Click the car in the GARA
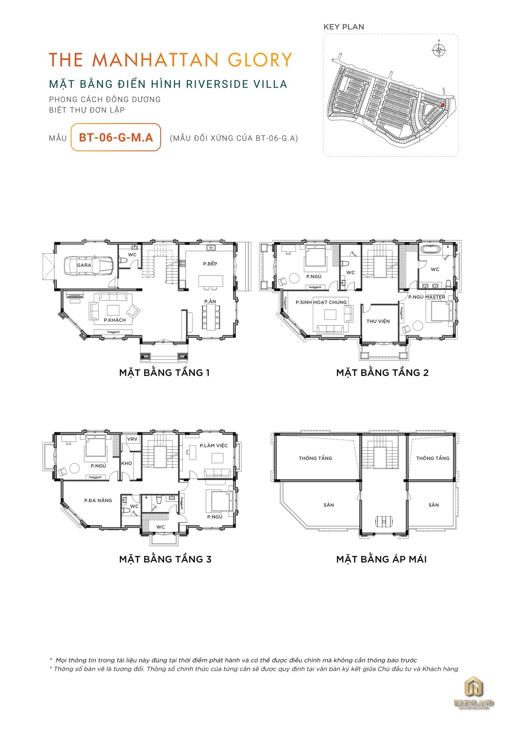(x=89, y=265)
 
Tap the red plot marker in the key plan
(x=443, y=105)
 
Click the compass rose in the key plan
(x=439, y=50)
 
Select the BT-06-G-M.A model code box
(x=116, y=137)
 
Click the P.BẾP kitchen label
(x=210, y=264)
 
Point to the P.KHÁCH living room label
(x=115, y=320)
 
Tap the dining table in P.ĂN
(x=211, y=317)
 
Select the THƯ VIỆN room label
(x=378, y=321)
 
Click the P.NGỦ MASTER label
(x=427, y=297)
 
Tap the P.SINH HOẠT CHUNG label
(x=321, y=302)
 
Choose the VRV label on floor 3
(x=132, y=439)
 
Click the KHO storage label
(x=127, y=463)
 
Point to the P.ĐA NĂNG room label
(x=98, y=500)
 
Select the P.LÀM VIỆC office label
(x=214, y=446)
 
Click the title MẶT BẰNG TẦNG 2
(x=382, y=373)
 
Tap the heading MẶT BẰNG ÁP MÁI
(x=382, y=559)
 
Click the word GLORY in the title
(x=260, y=60)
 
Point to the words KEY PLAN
(x=344, y=27)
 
